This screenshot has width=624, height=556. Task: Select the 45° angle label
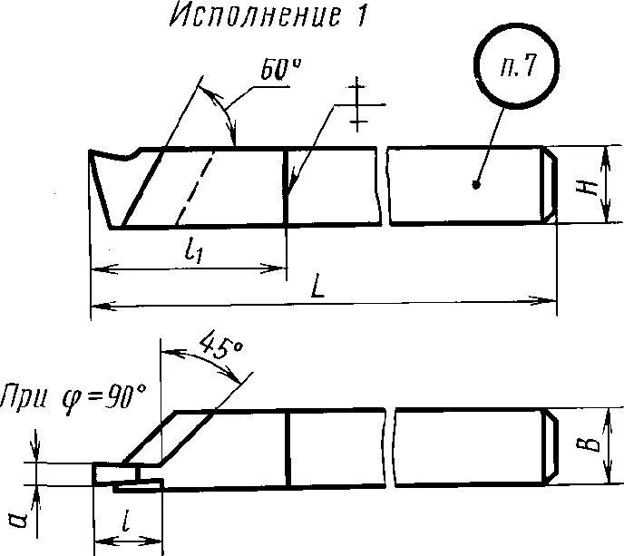point(219,350)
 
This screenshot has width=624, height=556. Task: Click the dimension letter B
point(590,444)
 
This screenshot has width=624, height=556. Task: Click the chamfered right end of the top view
point(550,184)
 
